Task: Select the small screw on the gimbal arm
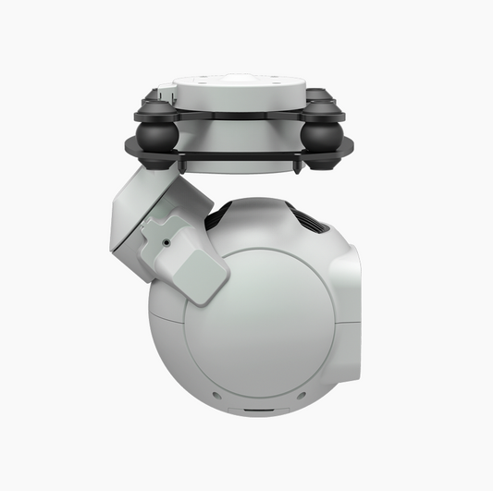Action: tap(166, 241)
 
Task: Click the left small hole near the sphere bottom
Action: tap(216, 395)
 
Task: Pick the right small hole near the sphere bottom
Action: tap(299, 395)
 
